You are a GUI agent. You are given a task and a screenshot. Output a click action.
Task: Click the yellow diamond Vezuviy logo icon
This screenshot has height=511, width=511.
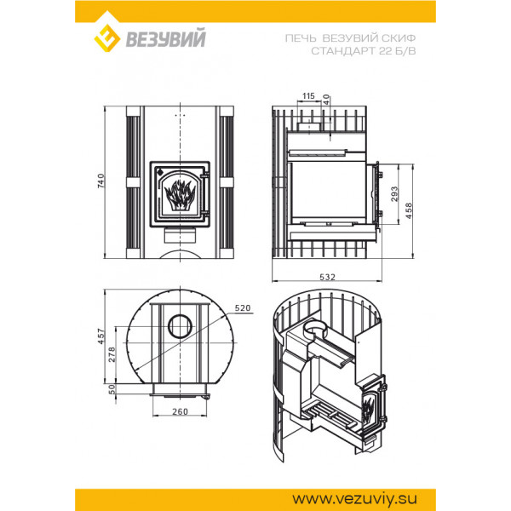click(x=107, y=38)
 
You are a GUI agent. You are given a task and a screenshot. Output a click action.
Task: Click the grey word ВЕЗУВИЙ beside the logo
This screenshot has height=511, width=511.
click(x=165, y=37)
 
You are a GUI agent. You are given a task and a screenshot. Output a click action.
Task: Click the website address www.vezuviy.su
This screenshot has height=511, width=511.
click(x=354, y=499)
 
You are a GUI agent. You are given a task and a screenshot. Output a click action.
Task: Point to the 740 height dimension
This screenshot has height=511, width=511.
click(x=101, y=181)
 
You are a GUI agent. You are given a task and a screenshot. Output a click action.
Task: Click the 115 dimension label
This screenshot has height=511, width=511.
click(x=308, y=95)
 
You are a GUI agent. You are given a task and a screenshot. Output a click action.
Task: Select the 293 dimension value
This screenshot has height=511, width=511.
click(x=394, y=194)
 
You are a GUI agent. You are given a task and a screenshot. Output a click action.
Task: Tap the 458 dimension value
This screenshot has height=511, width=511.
click(x=409, y=210)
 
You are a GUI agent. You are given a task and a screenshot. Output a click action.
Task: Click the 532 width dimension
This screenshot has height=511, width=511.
click(x=328, y=277)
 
